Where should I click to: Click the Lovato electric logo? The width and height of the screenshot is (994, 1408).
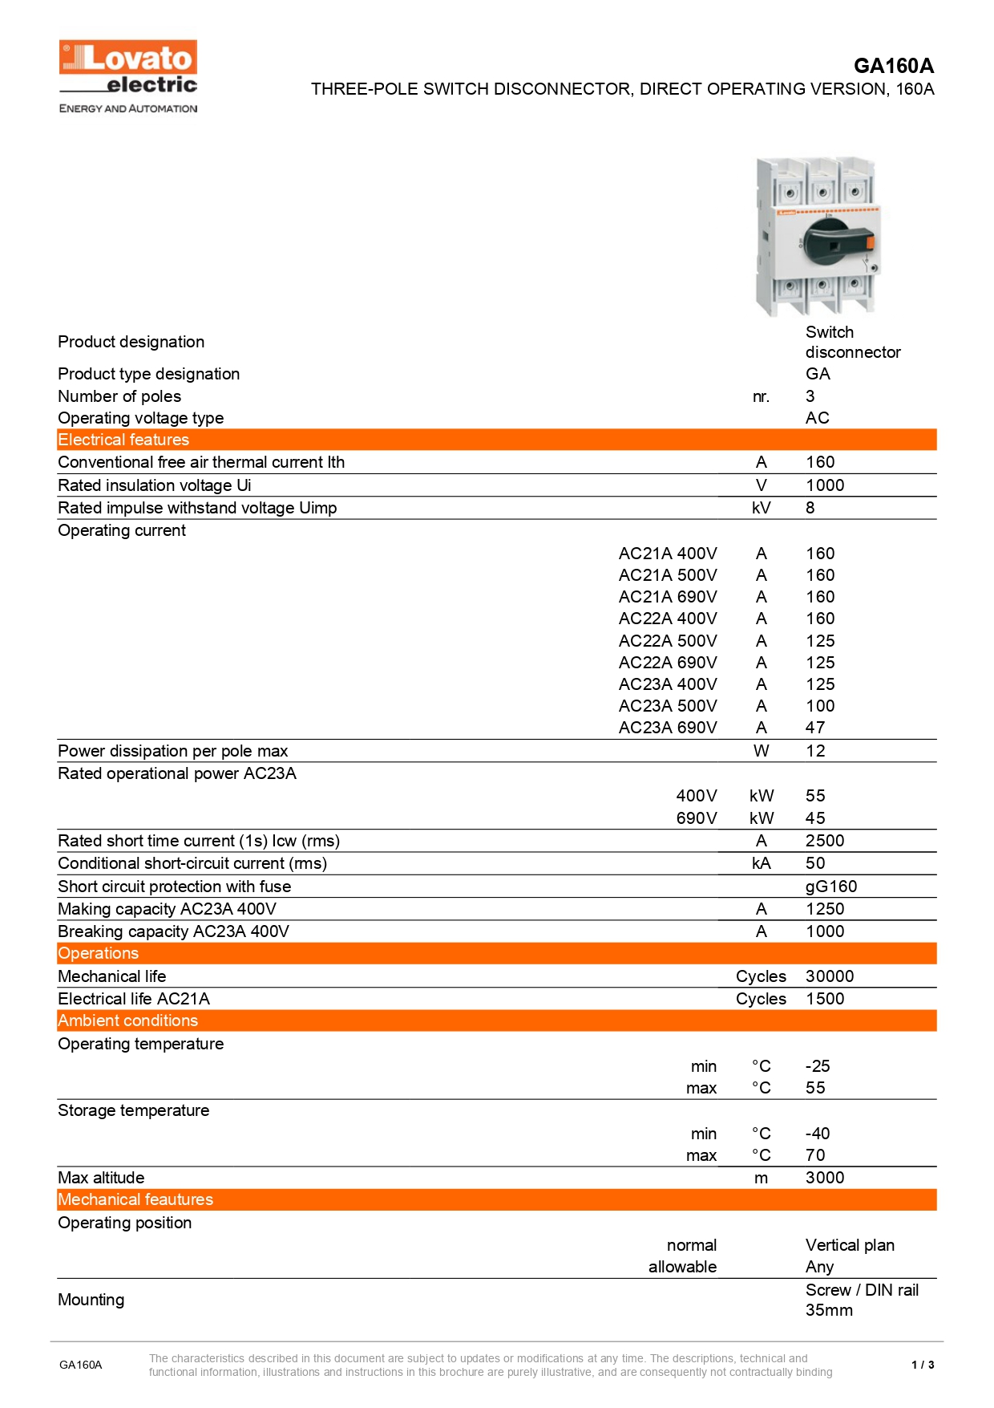tap(128, 75)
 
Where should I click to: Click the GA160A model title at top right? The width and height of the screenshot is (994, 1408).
tap(893, 66)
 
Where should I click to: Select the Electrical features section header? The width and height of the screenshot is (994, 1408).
tap(123, 440)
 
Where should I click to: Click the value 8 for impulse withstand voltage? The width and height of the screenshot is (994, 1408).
tap(810, 508)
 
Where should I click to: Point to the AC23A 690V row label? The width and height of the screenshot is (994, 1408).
tap(668, 728)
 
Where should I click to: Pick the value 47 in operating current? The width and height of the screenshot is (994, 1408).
tap(814, 728)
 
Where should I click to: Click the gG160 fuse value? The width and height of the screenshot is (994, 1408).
tap(830, 887)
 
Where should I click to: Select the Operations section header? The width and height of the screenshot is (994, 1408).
tap(98, 953)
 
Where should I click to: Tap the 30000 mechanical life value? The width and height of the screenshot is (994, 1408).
tap(829, 976)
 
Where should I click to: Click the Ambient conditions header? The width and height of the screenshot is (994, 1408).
tap(127, 1020)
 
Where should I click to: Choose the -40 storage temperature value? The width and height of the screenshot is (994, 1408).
tap(817, 1134)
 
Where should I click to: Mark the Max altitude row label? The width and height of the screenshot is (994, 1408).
tap(101, 1178)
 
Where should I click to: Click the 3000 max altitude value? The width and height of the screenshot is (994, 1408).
tap(824, 1178)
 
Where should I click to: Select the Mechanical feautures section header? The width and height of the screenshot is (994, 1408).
tap(135, 1199)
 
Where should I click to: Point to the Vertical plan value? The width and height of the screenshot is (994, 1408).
tap(850, 1245)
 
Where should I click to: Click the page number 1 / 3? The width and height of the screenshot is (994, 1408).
tap(923, 1365)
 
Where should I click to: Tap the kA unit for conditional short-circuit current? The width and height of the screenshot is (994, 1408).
tap(761, 863)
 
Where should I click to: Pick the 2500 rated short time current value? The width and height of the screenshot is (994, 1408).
tap(824, 841)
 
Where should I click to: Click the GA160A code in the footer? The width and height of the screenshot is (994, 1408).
tap(80, 1365)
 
